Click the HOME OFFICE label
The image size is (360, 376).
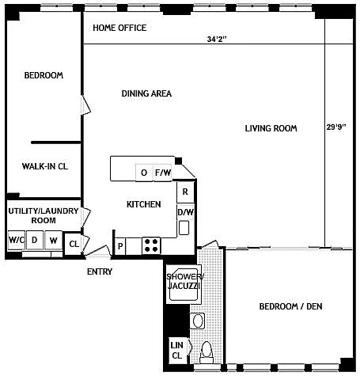tap(119, 28)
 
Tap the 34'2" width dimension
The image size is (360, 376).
tap(217, 40)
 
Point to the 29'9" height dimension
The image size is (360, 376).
tap(336, 127)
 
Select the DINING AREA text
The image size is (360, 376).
tap(146, 93)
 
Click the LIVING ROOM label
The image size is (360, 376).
tap(271, 128)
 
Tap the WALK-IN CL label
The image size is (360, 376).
tap(45, 166)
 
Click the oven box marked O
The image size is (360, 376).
tap(144, 173)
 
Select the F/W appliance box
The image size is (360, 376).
tap(163, 173)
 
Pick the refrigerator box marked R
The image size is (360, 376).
tap(185, 192)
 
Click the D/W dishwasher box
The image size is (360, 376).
tap(186, 212)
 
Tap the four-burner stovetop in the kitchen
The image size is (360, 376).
tap(151, 245)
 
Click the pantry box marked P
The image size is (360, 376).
tap(120, 246)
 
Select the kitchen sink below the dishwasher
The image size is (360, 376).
tap(184, 228)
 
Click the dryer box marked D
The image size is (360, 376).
tap(35, 240)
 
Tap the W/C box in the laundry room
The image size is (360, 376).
tap(17, 240)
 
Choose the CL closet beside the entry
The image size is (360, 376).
tap(74, 244)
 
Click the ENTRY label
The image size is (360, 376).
tap(100, 272)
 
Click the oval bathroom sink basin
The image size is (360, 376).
tap(198, 321)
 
